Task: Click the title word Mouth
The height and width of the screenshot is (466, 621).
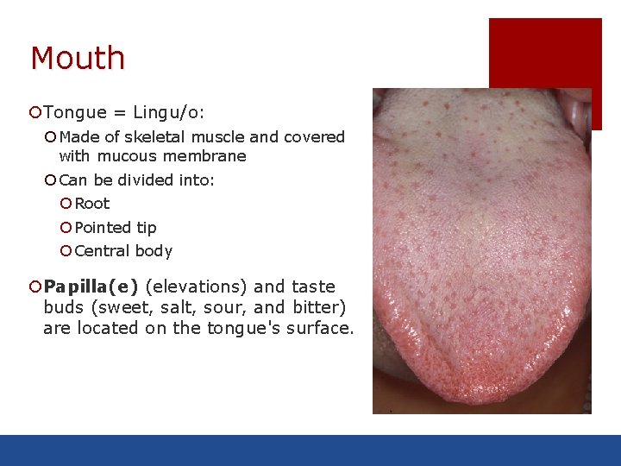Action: pos(78,59)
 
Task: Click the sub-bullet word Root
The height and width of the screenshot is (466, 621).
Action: pos(92,204)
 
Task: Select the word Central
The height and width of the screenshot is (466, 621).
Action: pos(103,251)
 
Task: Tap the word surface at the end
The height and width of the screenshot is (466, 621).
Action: pos(320,328)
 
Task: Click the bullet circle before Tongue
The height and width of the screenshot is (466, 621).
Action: pos(34,112)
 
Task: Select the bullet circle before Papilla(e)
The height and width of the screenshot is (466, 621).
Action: pos(34,287)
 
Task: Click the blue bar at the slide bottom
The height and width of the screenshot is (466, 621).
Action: pos(310,450)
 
